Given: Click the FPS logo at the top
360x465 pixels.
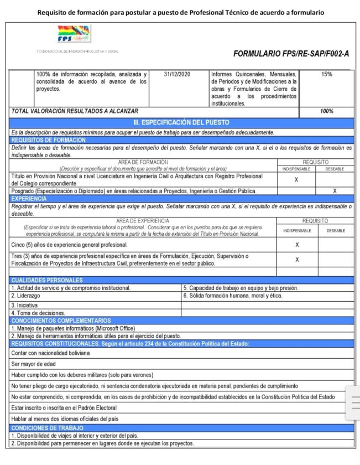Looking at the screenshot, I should pyautogui.click(x=74, y=34).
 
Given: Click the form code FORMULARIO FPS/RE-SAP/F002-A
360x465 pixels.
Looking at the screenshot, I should pyautogui.click(x=291, y=54).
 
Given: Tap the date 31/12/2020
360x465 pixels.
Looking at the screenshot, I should pyautogui.click(x=178, y=74).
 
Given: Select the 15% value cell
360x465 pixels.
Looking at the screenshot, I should pyautogui.click(x=326, y=74).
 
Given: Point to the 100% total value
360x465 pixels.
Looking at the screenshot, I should pyautogui.click(x=326, y=111).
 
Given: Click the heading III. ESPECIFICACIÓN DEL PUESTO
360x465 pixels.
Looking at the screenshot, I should pyautogui.click(x=181, y=122).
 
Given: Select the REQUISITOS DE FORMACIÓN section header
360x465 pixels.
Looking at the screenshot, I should pyautogui.click(x=49, y=140).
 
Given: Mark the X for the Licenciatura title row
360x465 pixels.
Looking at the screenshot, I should pyautogui.click(x=296, y=180).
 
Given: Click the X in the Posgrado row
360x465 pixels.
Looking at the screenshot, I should pyautogui.click(x=335, y=191).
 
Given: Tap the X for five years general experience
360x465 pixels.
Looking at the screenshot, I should pyautogui.click(x=297, y=244).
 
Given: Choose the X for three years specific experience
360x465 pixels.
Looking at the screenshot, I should pyautogui.click(x=297, y=259).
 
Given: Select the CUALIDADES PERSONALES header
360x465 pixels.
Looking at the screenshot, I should pyautogui.click(x=46, y=281).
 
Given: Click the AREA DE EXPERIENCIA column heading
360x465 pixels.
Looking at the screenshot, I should pyautogui.click(x=143, y=220).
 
